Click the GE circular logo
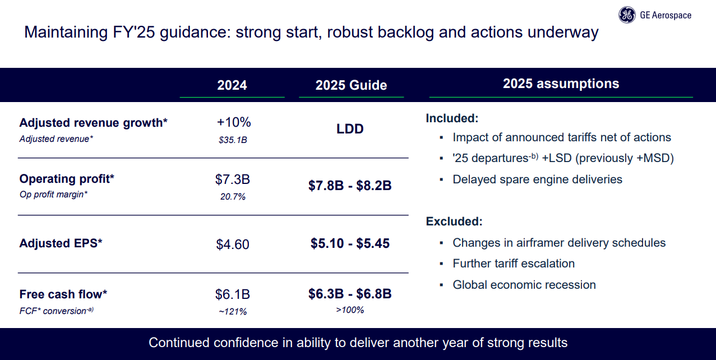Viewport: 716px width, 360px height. click(627, 16)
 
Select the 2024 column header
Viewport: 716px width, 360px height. click(232, 85)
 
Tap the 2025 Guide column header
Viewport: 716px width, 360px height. click(351, 85)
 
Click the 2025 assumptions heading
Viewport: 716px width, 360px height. click(561, 84)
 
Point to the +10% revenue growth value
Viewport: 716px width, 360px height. click(234, 123)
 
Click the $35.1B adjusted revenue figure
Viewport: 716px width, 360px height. click(233, 140)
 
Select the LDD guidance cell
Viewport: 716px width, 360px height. click(350, 129)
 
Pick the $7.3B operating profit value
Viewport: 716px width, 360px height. click(233, 180)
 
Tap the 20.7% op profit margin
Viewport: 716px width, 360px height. click(233, 197)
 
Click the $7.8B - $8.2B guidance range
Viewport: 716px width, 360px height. click(350, 186)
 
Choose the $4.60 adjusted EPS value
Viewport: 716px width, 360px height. click(233, 244)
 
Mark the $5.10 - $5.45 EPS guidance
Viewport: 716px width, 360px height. click(350, 244)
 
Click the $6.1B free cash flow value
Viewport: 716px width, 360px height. click(233, 294)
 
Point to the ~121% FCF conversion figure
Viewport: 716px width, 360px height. click(233, 311)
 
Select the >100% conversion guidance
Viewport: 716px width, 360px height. click(350, 310)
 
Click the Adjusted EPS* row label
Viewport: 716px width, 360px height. click(61, 243)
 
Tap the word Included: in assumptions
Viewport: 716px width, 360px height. click(452, 118)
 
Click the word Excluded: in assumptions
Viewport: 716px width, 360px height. click(454, 221)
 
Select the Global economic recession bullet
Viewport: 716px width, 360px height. click(524, 285)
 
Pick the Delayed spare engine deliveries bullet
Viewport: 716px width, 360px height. click(537, 179)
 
